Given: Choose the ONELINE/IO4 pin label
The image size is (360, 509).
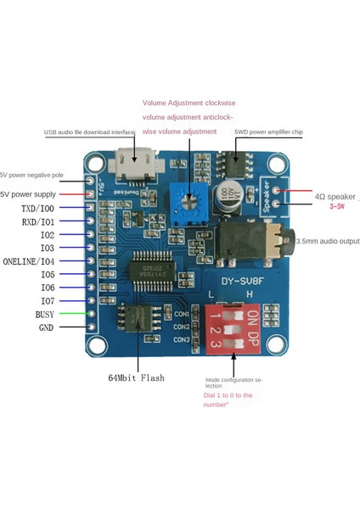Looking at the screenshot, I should point(42,260).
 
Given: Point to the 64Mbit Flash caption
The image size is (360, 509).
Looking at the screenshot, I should point(136,377).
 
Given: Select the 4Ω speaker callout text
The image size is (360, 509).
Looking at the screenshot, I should point(334,196).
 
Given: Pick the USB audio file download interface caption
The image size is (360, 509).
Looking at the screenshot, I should point(89,132).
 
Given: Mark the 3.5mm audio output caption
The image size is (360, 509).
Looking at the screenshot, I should point(328,241).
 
